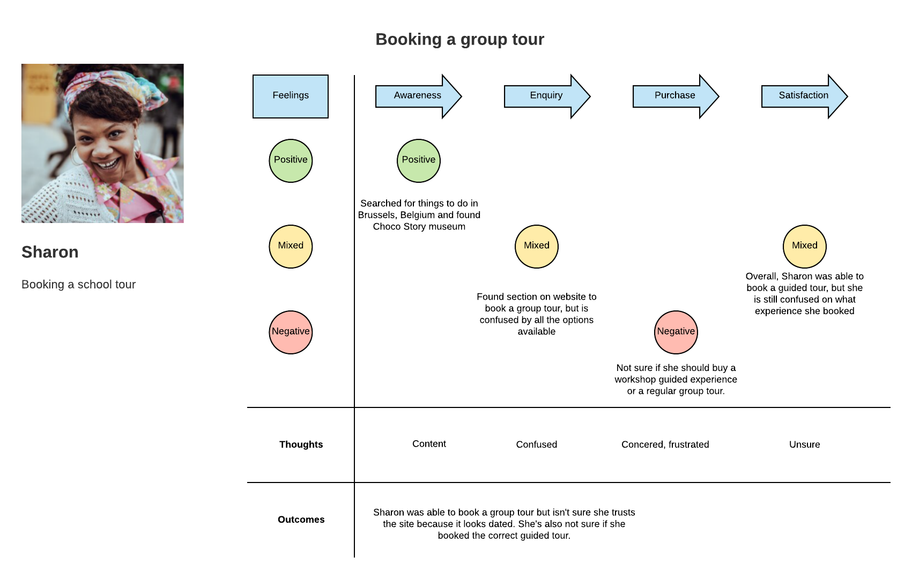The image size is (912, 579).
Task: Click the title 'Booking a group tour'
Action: coord(459,40)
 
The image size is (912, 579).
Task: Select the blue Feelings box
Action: coord(290,96)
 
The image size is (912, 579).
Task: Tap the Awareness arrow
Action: coord(418,96)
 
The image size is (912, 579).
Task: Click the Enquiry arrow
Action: coord(547,96)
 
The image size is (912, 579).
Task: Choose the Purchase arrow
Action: coord(676,96)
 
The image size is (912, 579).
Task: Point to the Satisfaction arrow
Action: coord(804,96)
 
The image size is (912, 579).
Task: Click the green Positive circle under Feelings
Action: coord(291,161)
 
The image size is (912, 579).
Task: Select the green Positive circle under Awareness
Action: coord(419,161)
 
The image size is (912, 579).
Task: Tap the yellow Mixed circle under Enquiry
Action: coord(537,246)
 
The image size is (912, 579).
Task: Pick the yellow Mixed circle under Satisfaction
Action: coord(805,246)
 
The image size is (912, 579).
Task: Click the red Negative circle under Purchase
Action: coord(676,332)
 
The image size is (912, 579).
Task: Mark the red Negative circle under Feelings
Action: coord(291,332)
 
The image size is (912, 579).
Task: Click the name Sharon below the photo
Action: coord(50,252)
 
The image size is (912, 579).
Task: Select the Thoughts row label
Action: coord(301,444)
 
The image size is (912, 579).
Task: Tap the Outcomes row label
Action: coord(301,519)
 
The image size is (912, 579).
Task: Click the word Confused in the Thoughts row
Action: coord(537,444)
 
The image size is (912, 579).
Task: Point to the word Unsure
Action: coord(805,444)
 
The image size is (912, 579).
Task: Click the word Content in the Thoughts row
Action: coord(429,443)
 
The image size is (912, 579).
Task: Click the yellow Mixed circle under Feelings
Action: coord(291,246)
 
